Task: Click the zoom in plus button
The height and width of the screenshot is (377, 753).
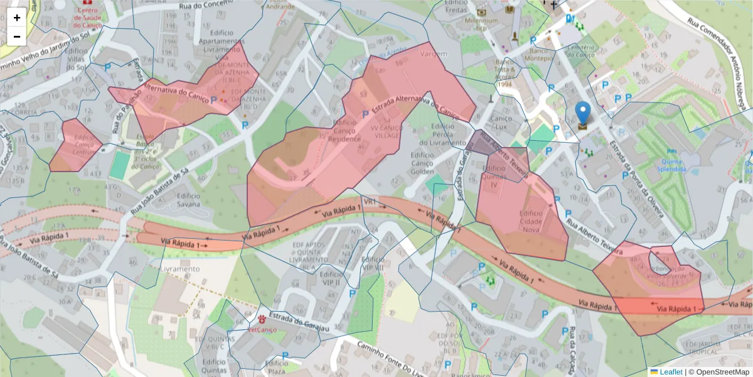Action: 17,18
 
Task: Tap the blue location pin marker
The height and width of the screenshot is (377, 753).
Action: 583,114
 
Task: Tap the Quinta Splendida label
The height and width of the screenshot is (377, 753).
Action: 672,165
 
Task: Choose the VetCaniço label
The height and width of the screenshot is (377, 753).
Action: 263,329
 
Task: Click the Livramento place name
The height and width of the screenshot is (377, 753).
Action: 180,269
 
